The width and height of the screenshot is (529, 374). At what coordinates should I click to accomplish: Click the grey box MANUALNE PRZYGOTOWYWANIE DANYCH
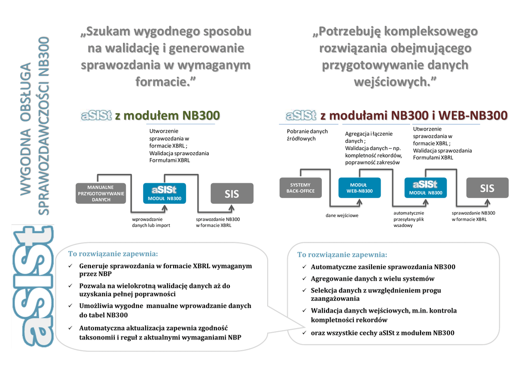click(101, 193)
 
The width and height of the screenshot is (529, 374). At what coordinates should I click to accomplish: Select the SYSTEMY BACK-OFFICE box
click(300, 188)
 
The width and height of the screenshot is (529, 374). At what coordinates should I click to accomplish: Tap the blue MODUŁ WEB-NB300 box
click(359, 188)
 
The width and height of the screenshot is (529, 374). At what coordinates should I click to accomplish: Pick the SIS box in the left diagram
click(232, 193)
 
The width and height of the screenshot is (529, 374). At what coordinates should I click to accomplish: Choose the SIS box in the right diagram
click(487, 188)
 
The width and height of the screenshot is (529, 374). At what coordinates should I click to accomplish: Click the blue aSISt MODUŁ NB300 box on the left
click(164, 192)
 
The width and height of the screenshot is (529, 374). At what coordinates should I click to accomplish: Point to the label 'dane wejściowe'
click(341, 215)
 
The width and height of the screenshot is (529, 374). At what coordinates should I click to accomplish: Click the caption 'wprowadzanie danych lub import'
click(151, 222)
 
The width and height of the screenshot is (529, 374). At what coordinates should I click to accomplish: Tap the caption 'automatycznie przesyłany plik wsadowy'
click(409, 219)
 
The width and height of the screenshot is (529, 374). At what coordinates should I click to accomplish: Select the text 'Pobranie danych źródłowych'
click(307, 135)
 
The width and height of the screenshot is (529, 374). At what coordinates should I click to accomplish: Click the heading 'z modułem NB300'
click(167, 115)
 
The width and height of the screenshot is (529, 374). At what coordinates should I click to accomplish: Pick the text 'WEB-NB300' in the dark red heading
click(473, 115)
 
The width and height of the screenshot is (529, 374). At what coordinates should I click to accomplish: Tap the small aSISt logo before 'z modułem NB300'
click(96, 115)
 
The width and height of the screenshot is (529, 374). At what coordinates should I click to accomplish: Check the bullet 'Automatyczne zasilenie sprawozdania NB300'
click(383, 267)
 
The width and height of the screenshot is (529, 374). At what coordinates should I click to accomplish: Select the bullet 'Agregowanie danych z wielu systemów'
click(372, 279)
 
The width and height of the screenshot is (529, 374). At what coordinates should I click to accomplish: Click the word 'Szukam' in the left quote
click(107, 32)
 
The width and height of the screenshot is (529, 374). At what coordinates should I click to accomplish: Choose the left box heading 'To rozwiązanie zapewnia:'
click(113, 254)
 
